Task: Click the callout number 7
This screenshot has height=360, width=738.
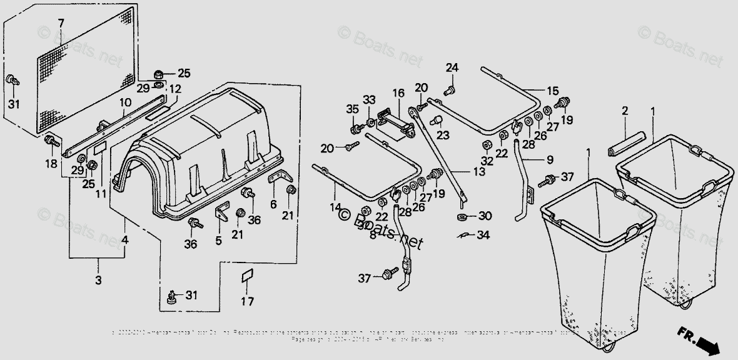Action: [61, 24]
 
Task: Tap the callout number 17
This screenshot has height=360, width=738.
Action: [248, 302]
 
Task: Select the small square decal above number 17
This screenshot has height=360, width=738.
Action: [247, 276]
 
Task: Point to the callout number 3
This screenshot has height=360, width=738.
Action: [98, 279]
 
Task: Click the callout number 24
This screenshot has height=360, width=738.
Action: [452, 67]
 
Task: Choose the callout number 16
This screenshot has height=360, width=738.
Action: [398, 93]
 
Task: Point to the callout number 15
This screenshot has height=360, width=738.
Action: [552, 90]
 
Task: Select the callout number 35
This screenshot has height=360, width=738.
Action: [352, 109]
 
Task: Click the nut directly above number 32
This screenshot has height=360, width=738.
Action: [487, 146]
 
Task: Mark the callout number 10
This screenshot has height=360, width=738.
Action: [125, 102]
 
